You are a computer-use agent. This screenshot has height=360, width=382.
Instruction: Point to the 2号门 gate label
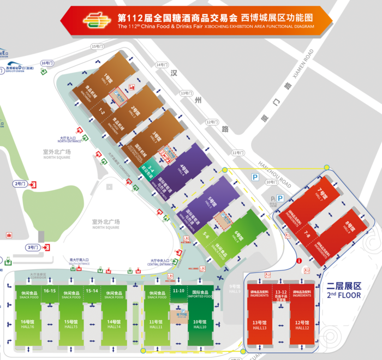20,184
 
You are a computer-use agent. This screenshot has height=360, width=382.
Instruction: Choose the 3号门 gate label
33,248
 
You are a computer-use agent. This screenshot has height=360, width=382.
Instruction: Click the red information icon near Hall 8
300,261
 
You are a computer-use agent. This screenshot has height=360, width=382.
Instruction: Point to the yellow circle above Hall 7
326,167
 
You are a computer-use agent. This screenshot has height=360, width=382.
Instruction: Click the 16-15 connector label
50,291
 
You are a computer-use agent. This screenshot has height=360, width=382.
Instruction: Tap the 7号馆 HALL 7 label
322,194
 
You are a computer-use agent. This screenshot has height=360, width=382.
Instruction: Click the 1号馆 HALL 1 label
108,78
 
